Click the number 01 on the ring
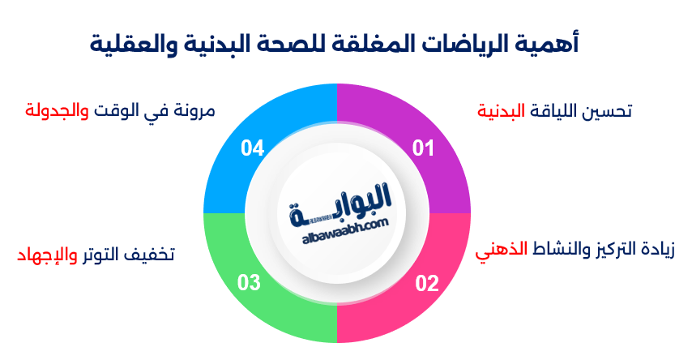[424, 148]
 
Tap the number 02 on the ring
[427, 283]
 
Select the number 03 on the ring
[250, 283]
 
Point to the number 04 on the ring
[253, 148]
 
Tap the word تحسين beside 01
[613, 111]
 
